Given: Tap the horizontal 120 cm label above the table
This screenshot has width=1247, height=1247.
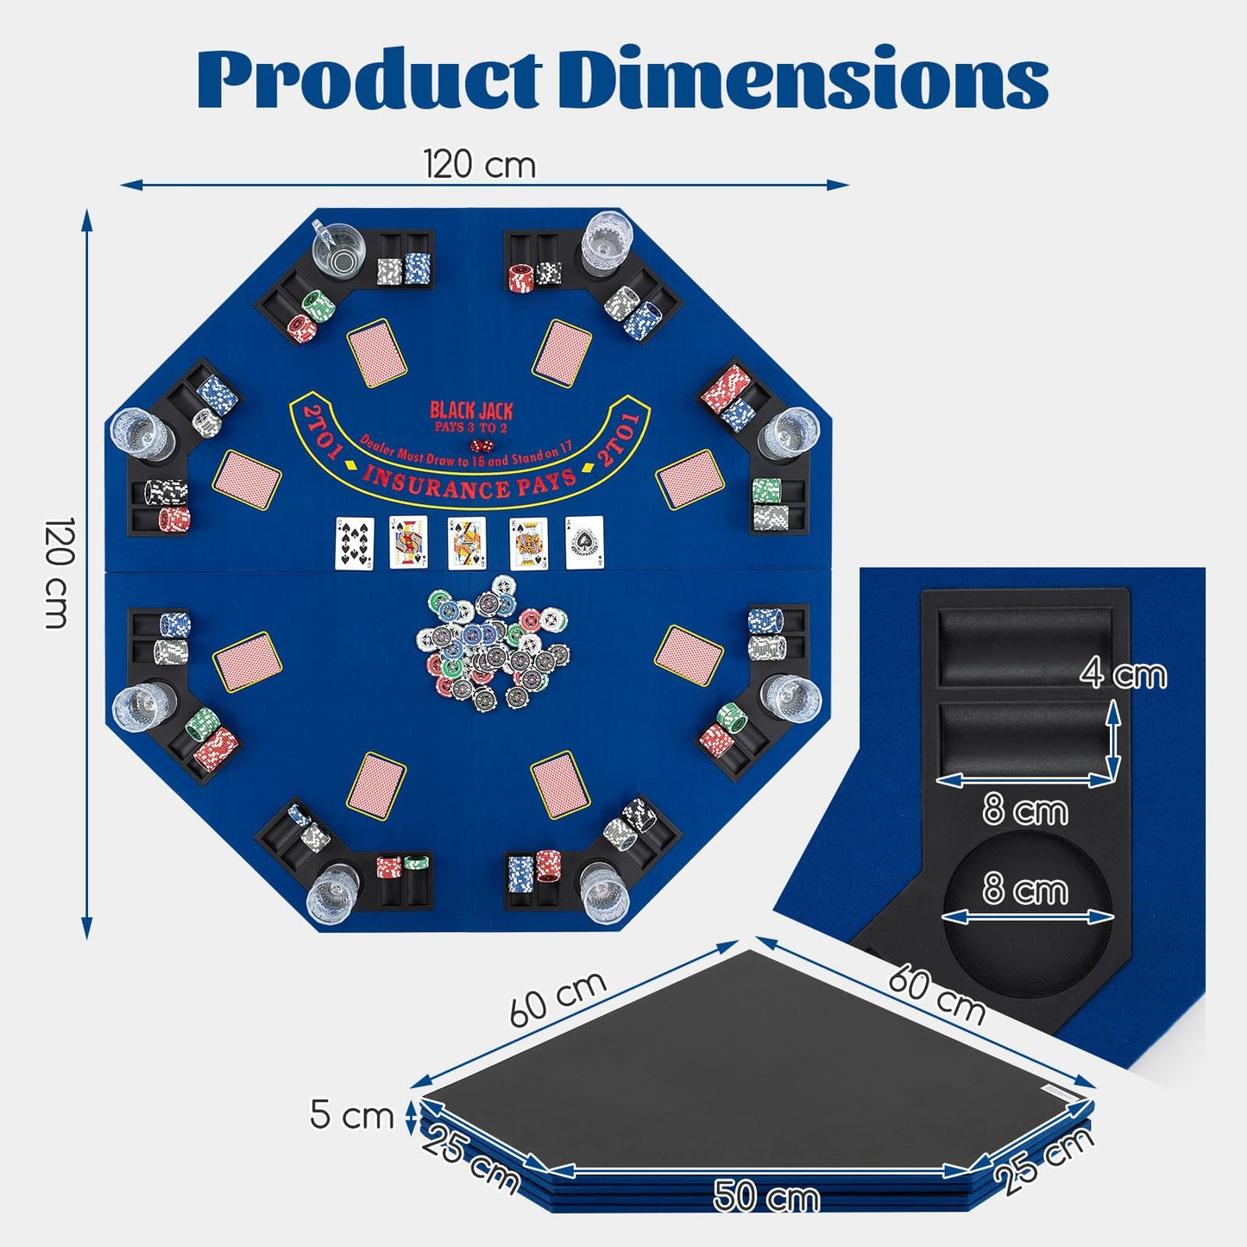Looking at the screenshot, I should [x=480, y=164].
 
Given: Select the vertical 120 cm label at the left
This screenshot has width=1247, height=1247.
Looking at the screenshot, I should [x=60, y=573].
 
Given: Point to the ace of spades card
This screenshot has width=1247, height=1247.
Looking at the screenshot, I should [x=584, y=543].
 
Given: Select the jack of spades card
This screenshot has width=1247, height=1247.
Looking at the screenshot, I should [x=408, y=543].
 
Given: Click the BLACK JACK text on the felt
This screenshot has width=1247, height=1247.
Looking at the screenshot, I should [x=471, y=411].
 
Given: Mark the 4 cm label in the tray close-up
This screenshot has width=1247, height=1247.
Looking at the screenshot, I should [x=1123, y=674].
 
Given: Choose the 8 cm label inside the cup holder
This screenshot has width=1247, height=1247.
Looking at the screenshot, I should [x=1025, y=889].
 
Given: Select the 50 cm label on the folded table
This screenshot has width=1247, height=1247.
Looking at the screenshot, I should [x=766, y=1196].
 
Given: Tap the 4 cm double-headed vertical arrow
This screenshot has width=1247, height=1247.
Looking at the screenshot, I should [x=1113, y=740].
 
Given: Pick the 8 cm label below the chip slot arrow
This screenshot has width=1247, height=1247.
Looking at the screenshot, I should [x=1025, y=810].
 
